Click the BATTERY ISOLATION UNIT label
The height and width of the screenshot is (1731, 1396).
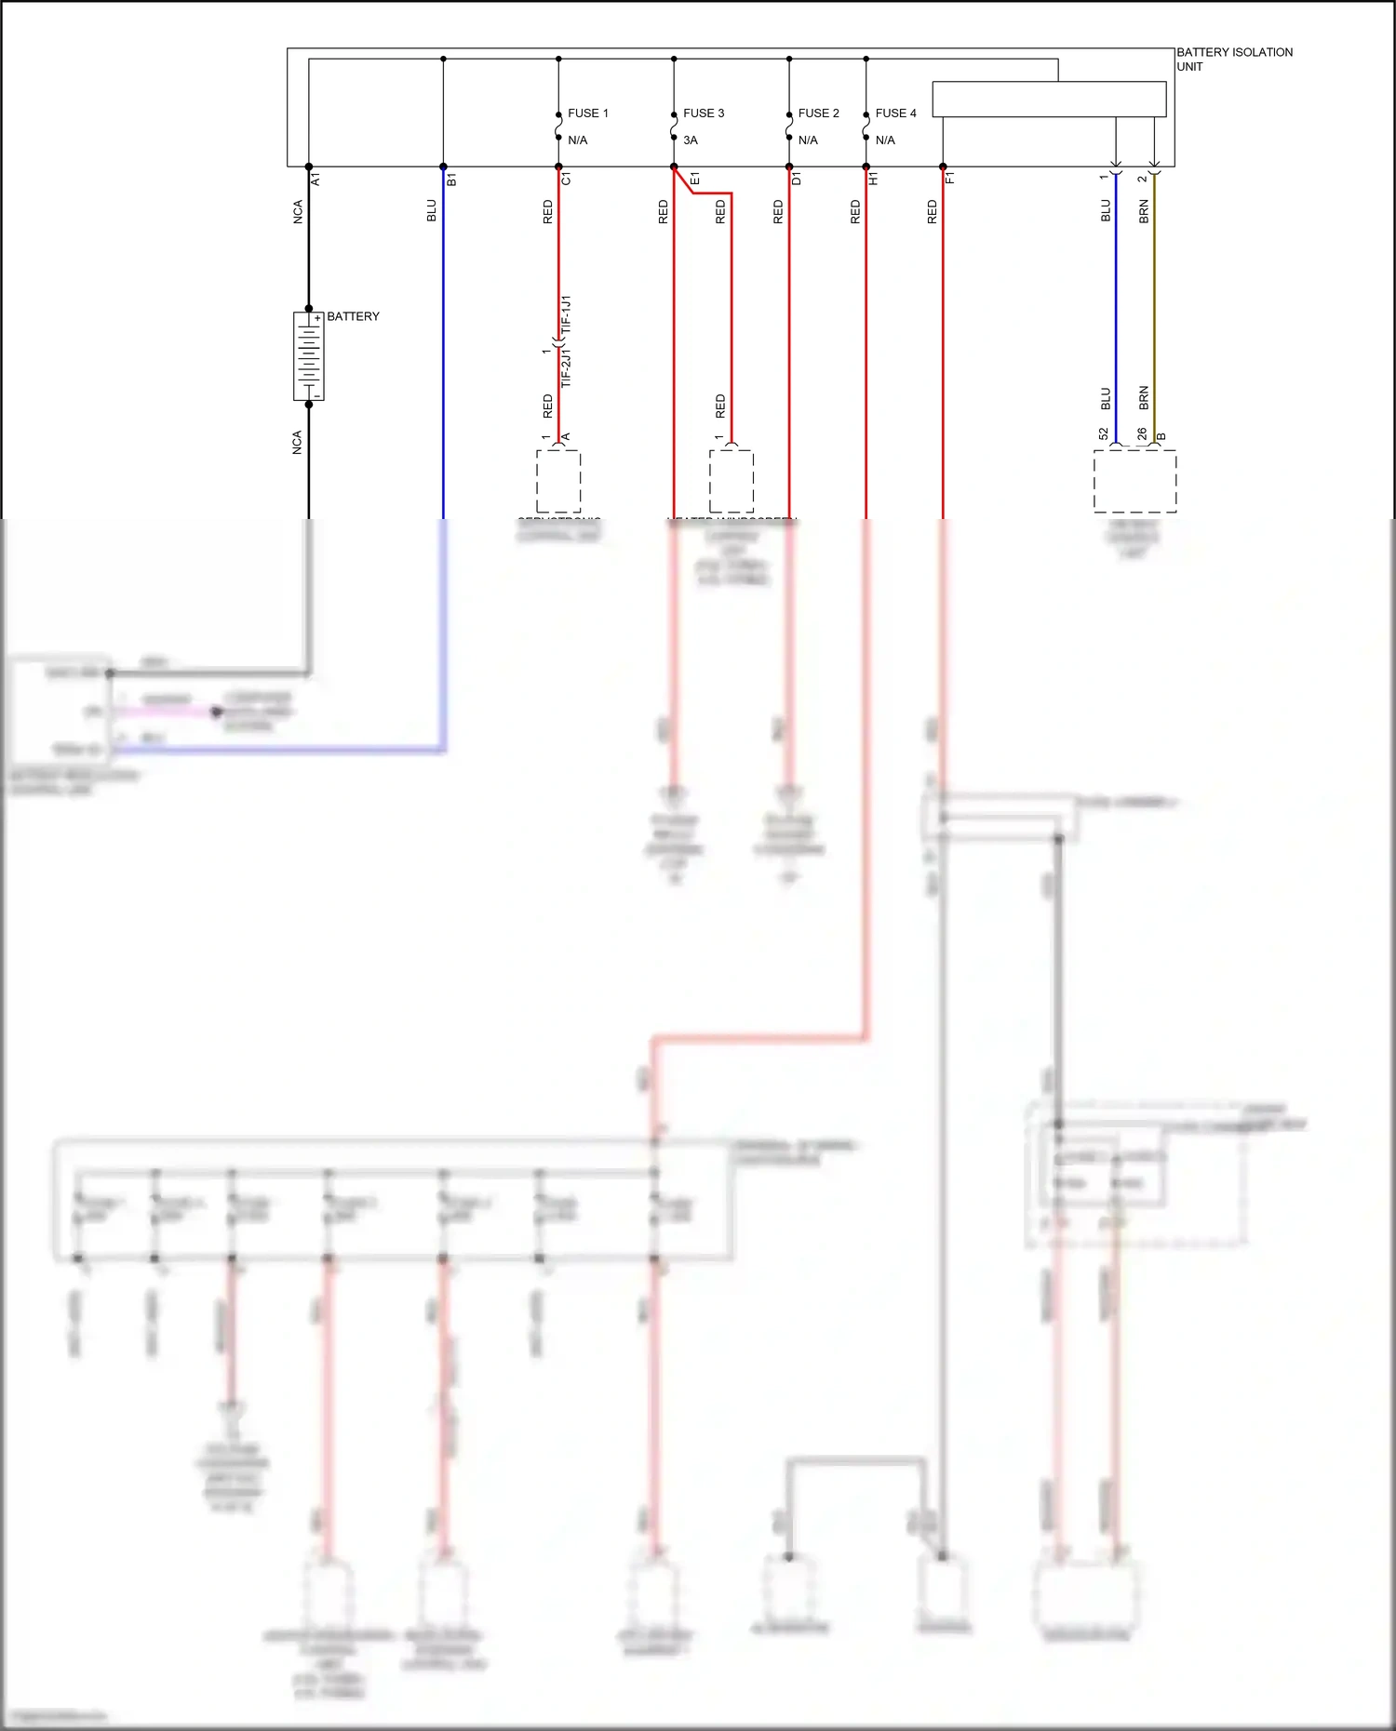click(1233, 59)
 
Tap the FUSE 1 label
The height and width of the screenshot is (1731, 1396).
click(587, 113)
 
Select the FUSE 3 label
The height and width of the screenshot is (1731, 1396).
click(703, 113)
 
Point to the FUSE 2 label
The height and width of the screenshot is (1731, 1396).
click(818, 113)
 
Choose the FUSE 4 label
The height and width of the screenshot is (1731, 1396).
click(895, 113)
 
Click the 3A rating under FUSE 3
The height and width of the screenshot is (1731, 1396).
click(691, 140)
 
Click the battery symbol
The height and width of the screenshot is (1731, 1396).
click(309, 356)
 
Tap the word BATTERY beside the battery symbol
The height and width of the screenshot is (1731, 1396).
click(353, 316)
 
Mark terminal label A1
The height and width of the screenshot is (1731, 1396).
click(316, 179)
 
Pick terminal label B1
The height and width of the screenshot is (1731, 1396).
click(451, 179)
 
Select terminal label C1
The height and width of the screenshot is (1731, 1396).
click(566, 179)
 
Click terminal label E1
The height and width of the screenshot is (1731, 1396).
click(695, 179)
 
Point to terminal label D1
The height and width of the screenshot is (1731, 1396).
click(797, 179)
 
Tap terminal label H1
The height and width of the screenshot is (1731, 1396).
click(873, 179)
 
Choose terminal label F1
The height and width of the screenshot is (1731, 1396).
click(950, 179)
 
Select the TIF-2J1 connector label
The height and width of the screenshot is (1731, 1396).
click(567, 368)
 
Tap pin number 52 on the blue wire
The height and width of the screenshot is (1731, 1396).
click(1104, 434)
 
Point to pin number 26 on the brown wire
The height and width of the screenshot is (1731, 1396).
click(1142, 434)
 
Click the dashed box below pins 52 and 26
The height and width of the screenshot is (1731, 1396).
click(1134, 481)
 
